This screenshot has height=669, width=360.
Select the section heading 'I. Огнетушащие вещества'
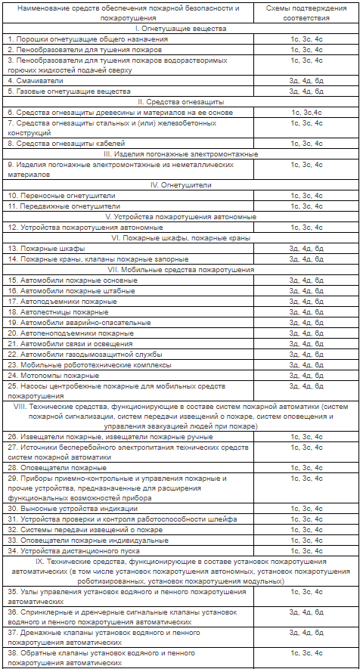coord(180,27)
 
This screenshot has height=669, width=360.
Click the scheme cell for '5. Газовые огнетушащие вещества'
coord(306,91)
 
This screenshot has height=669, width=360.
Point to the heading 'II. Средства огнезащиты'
coord(180,101)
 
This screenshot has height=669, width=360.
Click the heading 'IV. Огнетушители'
coord(180,184)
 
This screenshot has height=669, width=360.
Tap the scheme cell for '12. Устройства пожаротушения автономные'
coord(306,227)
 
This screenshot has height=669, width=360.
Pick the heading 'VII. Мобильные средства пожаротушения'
coord(180,269)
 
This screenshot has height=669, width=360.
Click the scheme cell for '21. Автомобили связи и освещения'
coord(306,343)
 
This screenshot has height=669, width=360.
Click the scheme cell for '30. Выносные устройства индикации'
coord(306,509)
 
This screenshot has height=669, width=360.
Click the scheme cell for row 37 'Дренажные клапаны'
coord(306,633)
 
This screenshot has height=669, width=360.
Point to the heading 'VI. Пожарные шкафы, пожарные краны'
coord(180,237)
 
